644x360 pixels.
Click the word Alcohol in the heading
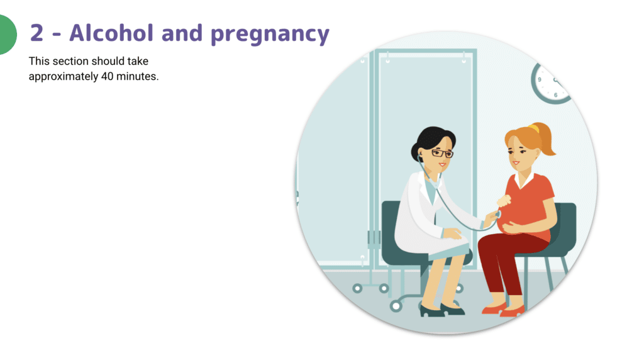point(111,33)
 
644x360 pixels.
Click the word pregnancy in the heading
point(270,35)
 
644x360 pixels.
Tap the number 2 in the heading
point(37,33)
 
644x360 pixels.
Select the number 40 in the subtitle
point(107,76)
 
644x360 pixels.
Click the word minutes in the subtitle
point(137,76)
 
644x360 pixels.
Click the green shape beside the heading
point(8,35)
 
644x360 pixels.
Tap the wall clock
point(550,83)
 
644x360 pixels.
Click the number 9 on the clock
point(540,80)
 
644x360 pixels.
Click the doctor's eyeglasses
point(442,154)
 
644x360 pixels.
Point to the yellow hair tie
point(533,128)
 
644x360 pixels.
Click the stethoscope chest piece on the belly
point(498,215)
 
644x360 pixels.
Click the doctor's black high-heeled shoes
point(442,310)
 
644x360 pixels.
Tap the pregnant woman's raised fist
point(504,201)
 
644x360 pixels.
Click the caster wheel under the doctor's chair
point(396,306)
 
